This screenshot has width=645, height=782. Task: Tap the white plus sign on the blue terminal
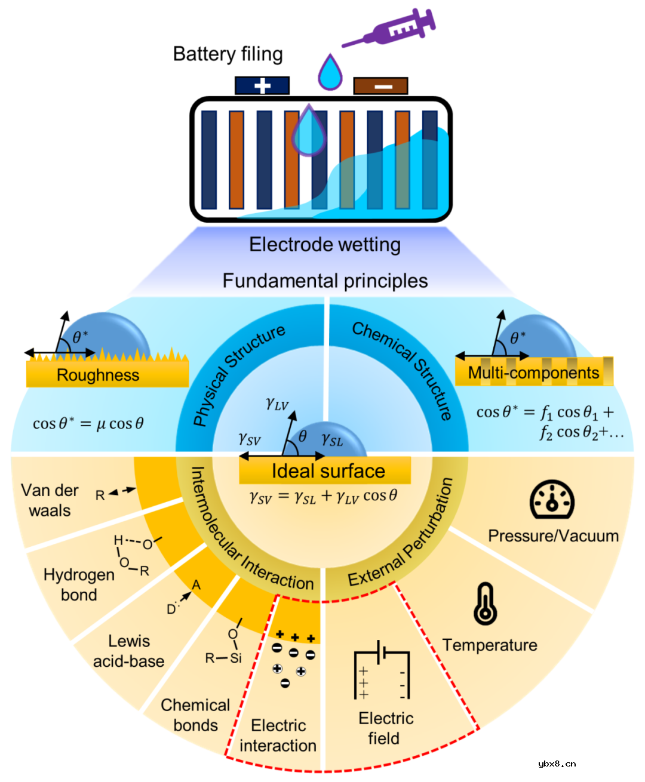[262, 86]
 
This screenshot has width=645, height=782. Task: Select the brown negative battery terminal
[380, 86]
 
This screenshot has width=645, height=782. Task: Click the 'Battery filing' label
[228, 54]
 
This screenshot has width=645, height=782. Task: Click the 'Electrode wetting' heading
[325, 245]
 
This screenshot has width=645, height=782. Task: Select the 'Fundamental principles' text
[325, 281]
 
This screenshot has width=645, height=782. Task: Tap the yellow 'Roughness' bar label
[98, 375]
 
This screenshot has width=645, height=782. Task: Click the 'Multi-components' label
[533, 373]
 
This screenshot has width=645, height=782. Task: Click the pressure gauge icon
[552, 500]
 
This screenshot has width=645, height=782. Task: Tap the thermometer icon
[485, 604]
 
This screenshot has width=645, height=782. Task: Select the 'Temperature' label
[490, 645]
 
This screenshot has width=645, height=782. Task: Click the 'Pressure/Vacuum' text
[553, 536]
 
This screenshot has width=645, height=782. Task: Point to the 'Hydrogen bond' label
[79, 585]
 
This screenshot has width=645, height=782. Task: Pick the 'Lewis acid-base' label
[128, 651]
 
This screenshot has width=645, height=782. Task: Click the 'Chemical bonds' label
[195, 715]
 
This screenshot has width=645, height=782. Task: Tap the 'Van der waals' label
[50, 500]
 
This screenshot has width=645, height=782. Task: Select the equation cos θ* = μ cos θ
[88, 424]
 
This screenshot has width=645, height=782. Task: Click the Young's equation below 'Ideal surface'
[323, 497]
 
